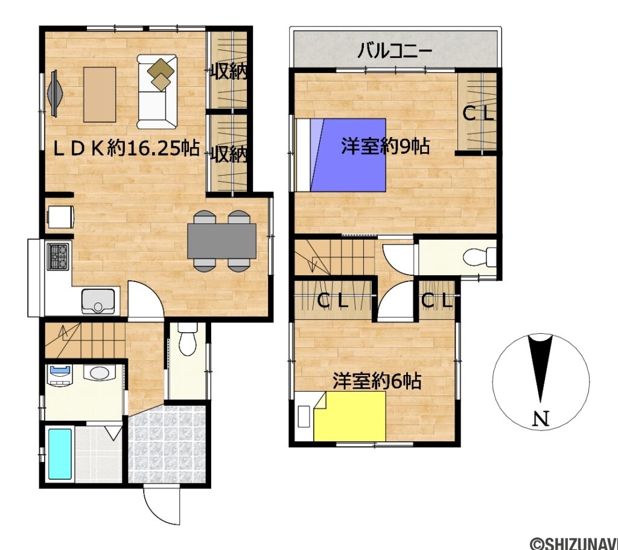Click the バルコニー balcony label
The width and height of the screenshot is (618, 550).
395,51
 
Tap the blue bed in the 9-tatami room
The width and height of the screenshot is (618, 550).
342,155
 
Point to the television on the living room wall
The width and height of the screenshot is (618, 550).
54,93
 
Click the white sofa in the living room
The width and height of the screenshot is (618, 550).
158,92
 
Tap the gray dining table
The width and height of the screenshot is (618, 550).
222,241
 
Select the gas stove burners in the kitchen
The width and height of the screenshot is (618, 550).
59,256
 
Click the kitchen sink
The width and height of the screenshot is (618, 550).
98,302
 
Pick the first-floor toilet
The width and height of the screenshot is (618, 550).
187,339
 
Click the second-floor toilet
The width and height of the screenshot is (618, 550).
479,258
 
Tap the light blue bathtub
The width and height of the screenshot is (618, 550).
60,454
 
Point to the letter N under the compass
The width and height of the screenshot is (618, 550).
541,419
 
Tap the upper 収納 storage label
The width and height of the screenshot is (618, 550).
229,72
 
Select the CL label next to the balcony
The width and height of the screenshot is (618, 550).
477,114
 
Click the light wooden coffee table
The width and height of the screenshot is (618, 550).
100,95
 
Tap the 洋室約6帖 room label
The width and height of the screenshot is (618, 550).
377,381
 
